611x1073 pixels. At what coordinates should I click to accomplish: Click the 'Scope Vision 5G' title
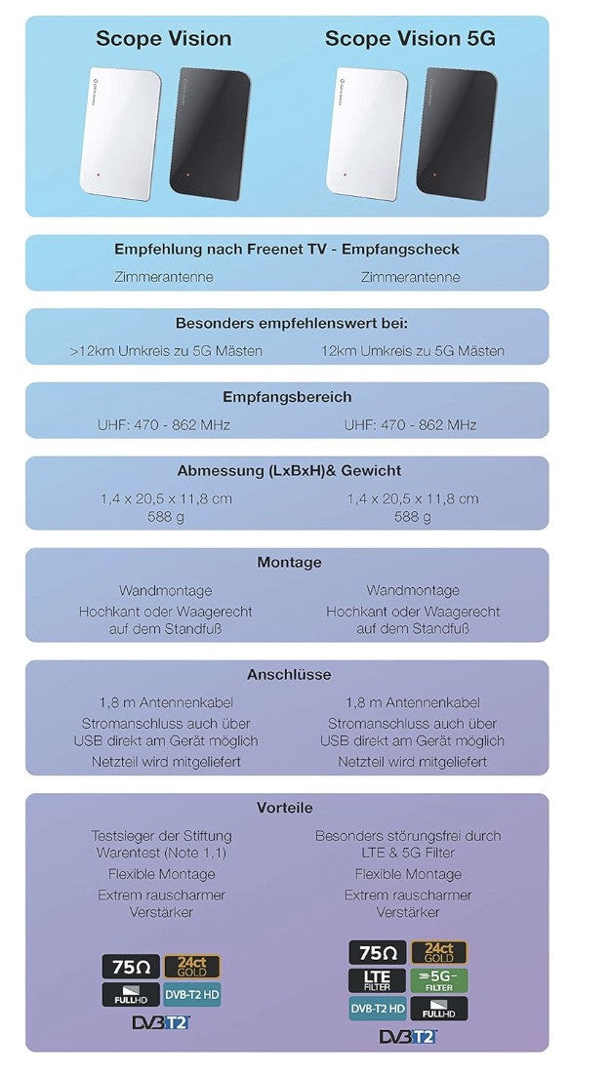(410, 39)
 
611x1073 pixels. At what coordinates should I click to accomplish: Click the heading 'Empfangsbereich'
(287, 398)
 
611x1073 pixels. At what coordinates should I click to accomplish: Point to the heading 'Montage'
(289, 563)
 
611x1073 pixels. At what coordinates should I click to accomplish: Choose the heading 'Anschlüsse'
(289, 674)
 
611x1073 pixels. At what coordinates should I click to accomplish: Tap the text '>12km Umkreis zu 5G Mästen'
(166, 351)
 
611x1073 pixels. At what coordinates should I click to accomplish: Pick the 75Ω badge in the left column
(130, 966)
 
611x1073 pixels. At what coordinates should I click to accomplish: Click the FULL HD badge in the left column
(130, 994)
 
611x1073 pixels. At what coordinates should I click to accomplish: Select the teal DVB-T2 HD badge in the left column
(191, 994)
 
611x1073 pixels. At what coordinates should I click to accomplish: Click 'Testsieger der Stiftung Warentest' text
(163, 845)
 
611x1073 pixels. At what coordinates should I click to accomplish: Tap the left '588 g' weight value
(165, 517)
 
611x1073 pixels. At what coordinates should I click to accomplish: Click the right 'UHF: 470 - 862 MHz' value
(411, 425)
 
